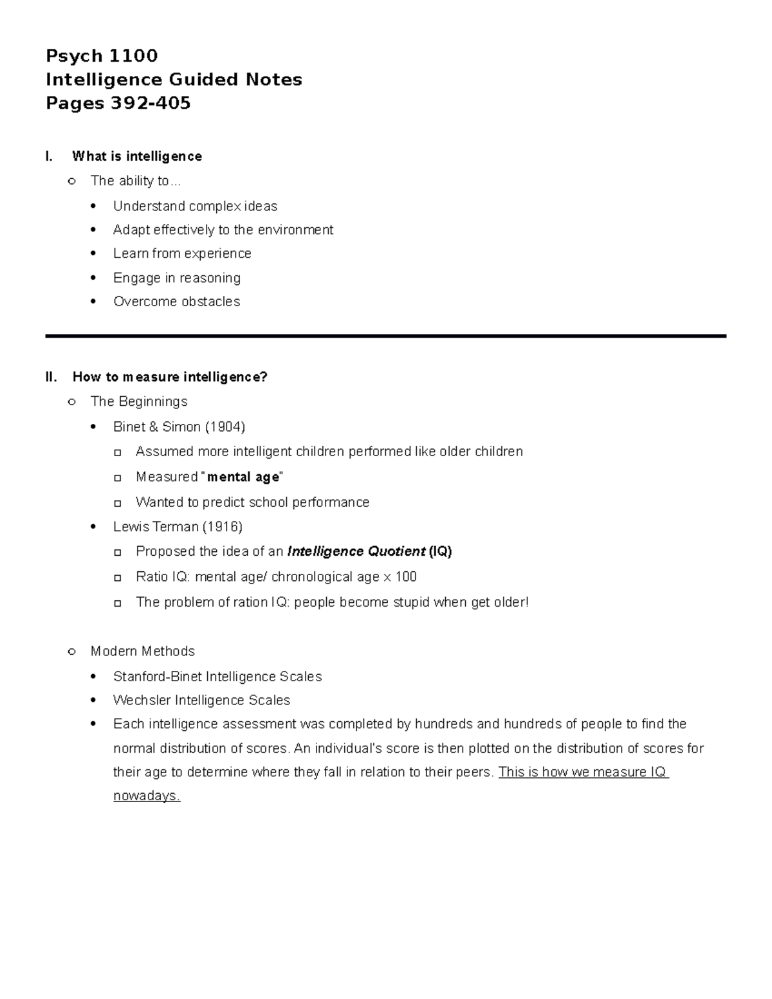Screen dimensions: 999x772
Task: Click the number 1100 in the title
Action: click(133, 56)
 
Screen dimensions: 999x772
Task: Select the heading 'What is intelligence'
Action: click(137, 156)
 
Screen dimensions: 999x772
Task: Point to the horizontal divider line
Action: click(385, 336)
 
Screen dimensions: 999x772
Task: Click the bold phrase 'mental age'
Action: click(243, 477)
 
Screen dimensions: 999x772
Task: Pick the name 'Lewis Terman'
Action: click(156, 527)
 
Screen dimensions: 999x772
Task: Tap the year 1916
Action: click(222, 527)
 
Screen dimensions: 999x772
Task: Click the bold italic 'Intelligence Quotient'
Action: click(356, 552)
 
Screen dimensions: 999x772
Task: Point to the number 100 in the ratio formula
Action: click(406, 577)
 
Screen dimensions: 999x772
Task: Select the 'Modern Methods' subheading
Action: click(143, 652)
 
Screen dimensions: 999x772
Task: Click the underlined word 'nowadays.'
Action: click(147, 796)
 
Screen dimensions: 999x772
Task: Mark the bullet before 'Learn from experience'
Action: click(95, 254)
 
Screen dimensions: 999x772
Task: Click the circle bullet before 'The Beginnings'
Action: click(72, 402)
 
